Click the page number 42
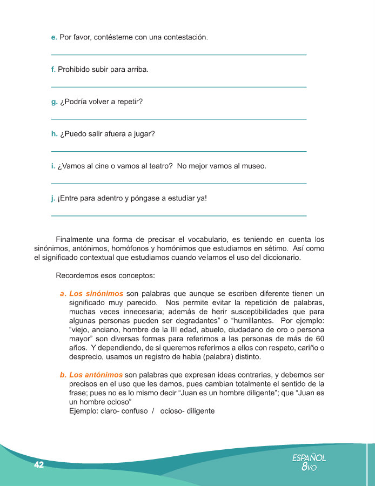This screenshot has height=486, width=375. click(38, 465)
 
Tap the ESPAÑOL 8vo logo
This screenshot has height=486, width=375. click(309, 462)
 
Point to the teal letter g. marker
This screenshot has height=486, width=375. click(53, 102)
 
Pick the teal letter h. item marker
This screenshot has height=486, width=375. click(53, 134)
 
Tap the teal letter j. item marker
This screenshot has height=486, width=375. click(53, 198)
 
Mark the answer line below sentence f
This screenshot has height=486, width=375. click(178, 87)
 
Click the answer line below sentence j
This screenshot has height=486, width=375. click(178, 216)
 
